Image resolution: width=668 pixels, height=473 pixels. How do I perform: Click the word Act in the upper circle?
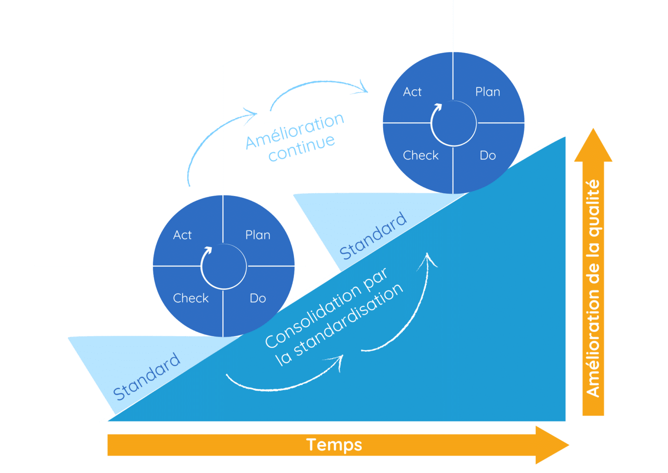(x=412, y=92)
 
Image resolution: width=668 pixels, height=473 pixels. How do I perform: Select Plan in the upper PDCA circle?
(x=488, y=92)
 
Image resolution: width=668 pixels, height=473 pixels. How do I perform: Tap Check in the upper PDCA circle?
(x=421, y=155)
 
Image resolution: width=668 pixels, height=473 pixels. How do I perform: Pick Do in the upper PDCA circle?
(x=488, y=155)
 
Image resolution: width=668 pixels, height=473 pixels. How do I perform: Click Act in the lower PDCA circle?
(x=182, y=235)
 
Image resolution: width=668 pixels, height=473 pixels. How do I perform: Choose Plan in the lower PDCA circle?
(x=257, y=235)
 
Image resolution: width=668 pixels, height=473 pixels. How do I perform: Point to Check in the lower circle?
(x=190, y=298)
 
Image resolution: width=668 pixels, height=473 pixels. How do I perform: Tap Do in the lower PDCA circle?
(x=257, y=298)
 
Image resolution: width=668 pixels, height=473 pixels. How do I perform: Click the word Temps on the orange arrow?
(x=334, y=445)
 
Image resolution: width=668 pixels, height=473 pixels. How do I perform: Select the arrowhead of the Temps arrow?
(x=554, y=445)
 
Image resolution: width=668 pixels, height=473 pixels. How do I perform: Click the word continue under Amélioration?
(x=301, y=149)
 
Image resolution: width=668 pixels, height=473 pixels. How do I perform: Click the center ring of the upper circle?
(x=453, y=123)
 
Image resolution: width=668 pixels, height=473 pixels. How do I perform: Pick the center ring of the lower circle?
(x=223, y=266)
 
